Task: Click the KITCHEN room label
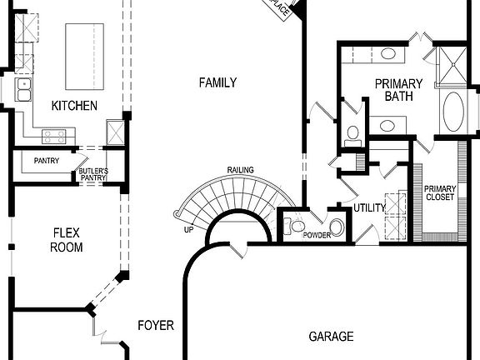[x=74, y=106]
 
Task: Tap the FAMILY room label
[x=217, y=82]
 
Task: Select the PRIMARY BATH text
[x=398, y=90]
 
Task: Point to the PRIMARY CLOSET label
[x=439, y=193]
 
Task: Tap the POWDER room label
[x=317, y=235]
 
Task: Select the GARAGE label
[x=331, y=337]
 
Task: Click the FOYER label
[x=156, y=325]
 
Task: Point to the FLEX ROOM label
[x=67, y=240]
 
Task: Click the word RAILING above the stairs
[x=240, y=170]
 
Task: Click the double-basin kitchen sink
[x=24, y=89]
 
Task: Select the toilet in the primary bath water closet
[x=352, y=132]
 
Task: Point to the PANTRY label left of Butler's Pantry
[x=47, y=161]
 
